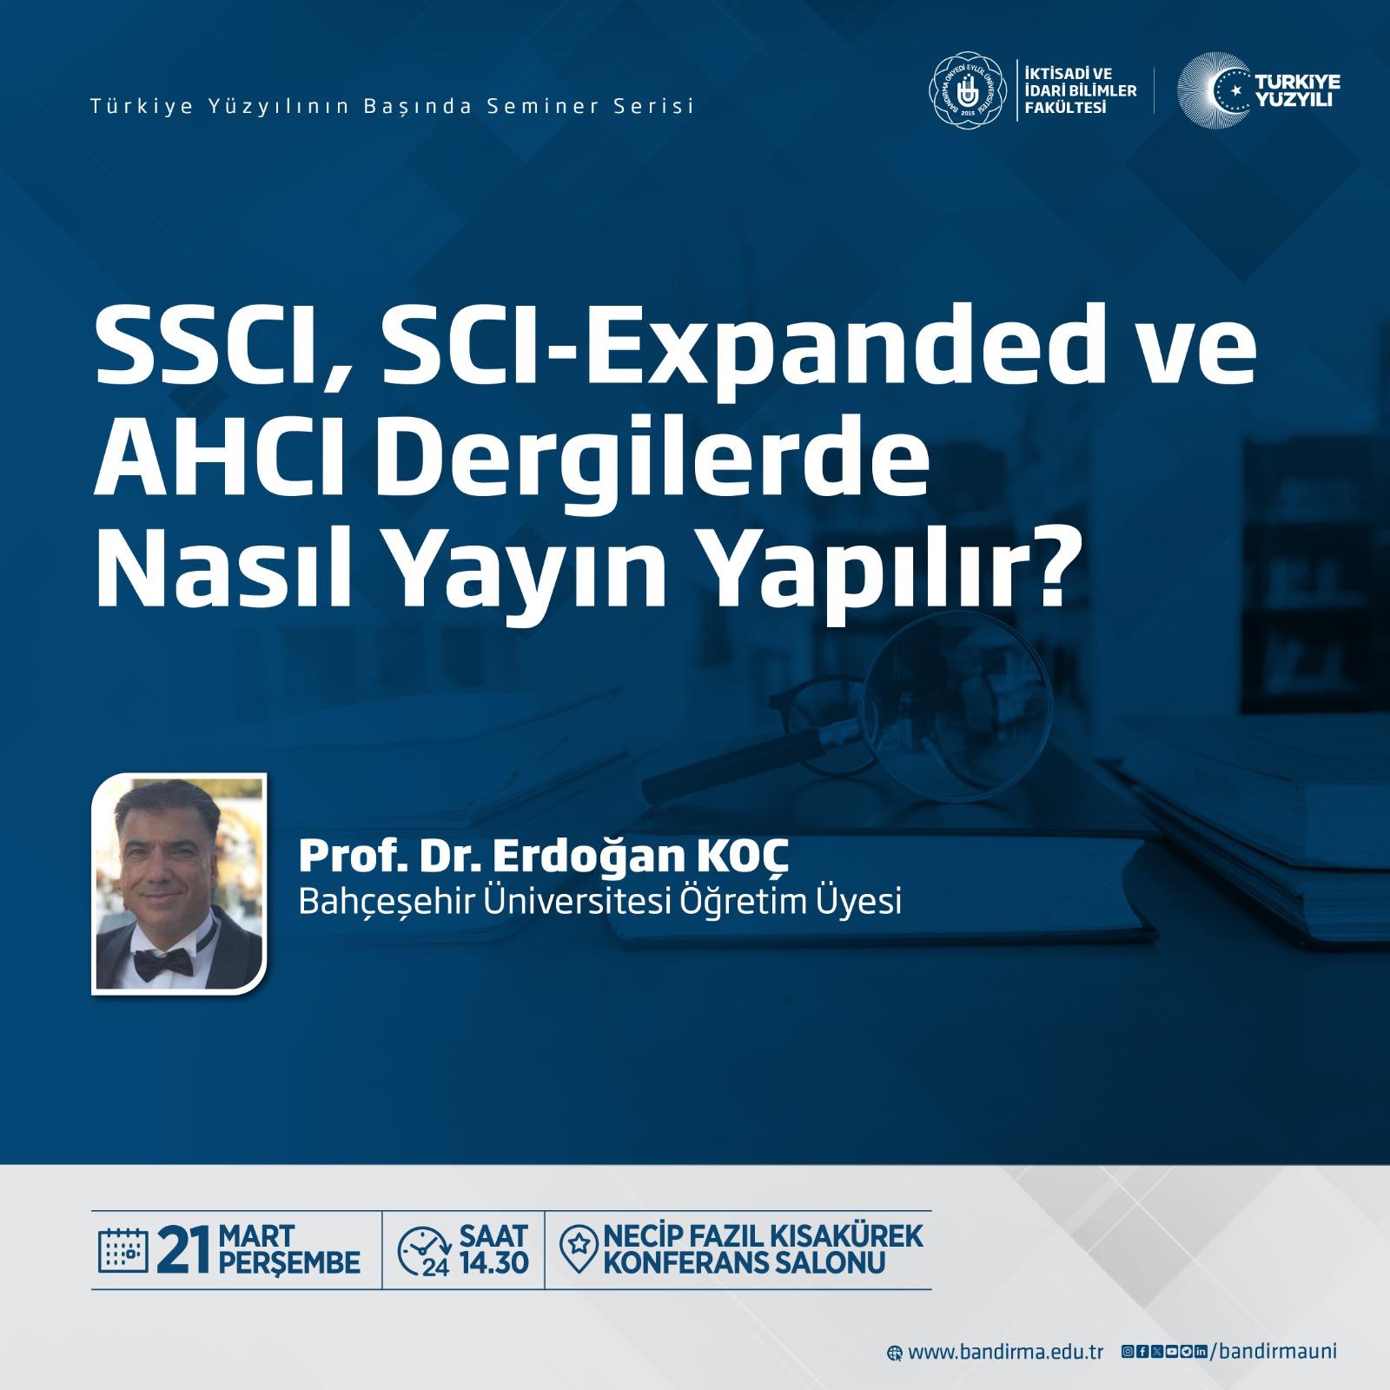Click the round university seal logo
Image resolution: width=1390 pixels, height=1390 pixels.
click(964, 89)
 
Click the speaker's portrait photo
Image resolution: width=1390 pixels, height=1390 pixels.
click(179, 884)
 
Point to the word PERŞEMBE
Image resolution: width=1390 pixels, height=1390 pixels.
click(290, 1262)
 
